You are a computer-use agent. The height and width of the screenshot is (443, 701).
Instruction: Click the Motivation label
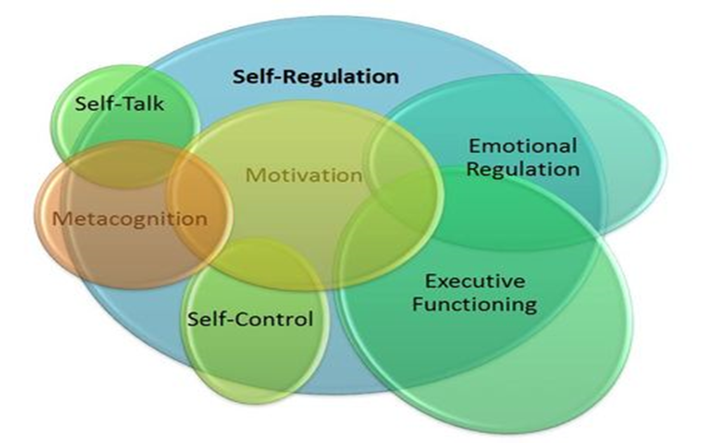click(303, 173)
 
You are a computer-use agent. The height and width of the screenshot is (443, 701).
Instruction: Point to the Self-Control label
click(250, 320)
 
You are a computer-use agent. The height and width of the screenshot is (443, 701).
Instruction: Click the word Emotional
click(522, 146)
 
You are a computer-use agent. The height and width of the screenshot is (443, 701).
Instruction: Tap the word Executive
click(474, 281)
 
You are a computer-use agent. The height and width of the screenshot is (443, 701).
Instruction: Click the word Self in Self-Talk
click(97, 104)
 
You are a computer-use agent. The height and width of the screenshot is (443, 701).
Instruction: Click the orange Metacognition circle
click(84, 247)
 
